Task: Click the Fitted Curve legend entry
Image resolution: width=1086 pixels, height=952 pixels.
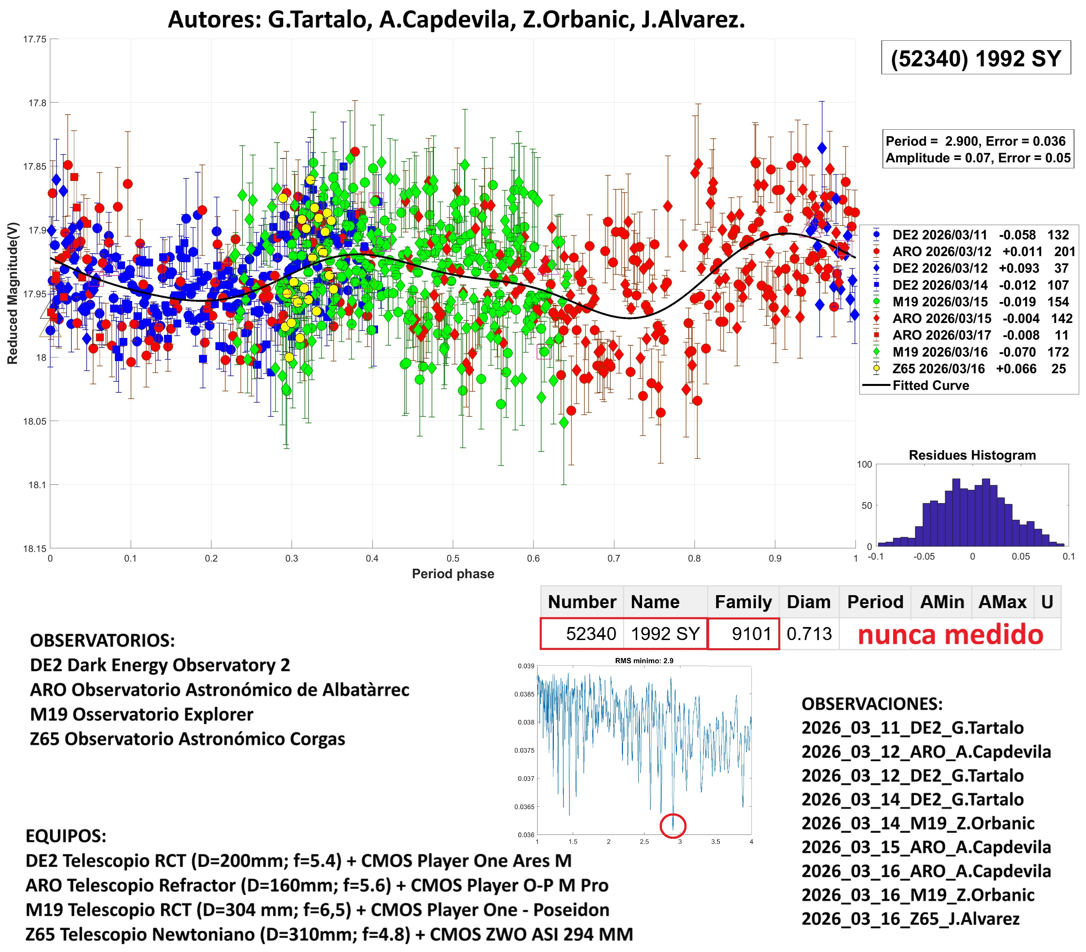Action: [930, 386]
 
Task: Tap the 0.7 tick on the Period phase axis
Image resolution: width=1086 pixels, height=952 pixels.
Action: [614, 558]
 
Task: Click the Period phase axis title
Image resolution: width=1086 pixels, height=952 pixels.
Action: [453, 574]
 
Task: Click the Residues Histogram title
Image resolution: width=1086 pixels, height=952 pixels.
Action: [972, 455]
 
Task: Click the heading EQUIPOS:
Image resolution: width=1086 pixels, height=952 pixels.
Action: [66, 836]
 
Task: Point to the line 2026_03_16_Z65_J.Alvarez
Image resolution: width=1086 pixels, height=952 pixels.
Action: [910, 918]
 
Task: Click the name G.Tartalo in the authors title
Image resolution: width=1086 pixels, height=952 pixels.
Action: [317, 20]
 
